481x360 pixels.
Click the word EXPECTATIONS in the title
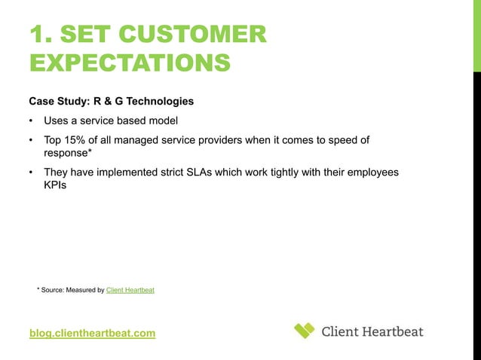(x=129, y=63)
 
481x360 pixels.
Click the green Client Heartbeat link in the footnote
(x=130, y=289)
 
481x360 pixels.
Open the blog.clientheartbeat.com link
(x=92, y=333)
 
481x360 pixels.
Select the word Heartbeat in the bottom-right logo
(x=392, y=331)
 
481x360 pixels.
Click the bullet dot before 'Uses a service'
(x=31, y=121)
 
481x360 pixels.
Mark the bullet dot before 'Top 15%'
(x=31, y=140)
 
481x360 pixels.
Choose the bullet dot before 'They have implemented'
(x=31, y=173)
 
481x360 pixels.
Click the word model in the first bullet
(x=161, y=121)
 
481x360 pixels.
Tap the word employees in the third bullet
(x=368, y=173)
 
